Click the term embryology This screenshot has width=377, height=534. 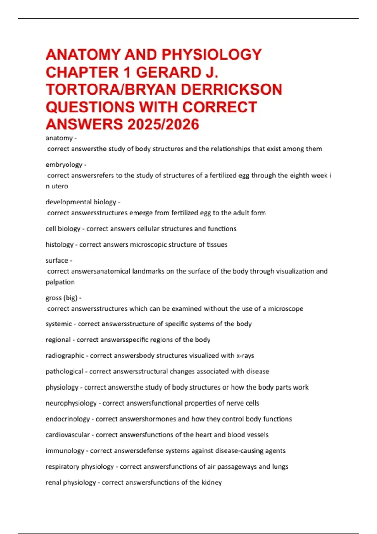(x=64, y=165)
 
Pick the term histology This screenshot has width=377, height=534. (x=59, y=244)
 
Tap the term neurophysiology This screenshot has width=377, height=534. (x=71, y=403)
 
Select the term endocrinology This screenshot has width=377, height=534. (x=68, y=419)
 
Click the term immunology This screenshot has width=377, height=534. (x=65, y=451)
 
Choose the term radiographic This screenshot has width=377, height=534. (x=65, y=356)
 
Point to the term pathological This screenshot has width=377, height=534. (x=64, y=371)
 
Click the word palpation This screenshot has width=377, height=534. (x=60, y=282)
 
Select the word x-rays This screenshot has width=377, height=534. (x=245, y=356)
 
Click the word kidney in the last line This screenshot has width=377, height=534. (x=212, y=482)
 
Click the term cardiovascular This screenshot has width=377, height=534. (x=68, y=435)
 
